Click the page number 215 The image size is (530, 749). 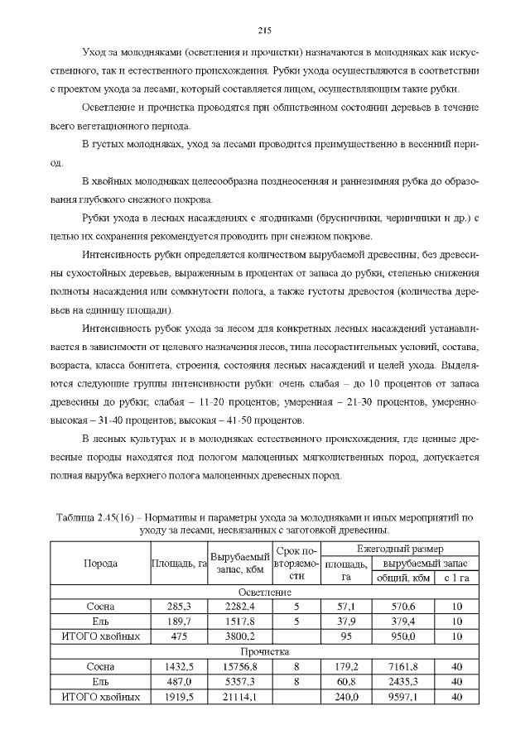click(265, 31)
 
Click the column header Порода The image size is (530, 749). click(100, 563)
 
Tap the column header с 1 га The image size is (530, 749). click(456, 578)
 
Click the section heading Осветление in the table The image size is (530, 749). click(265, 593)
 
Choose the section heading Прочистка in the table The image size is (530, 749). click(265, 652)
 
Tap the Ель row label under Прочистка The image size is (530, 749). click(100, 681)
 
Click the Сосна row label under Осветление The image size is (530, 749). click(100, 607)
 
